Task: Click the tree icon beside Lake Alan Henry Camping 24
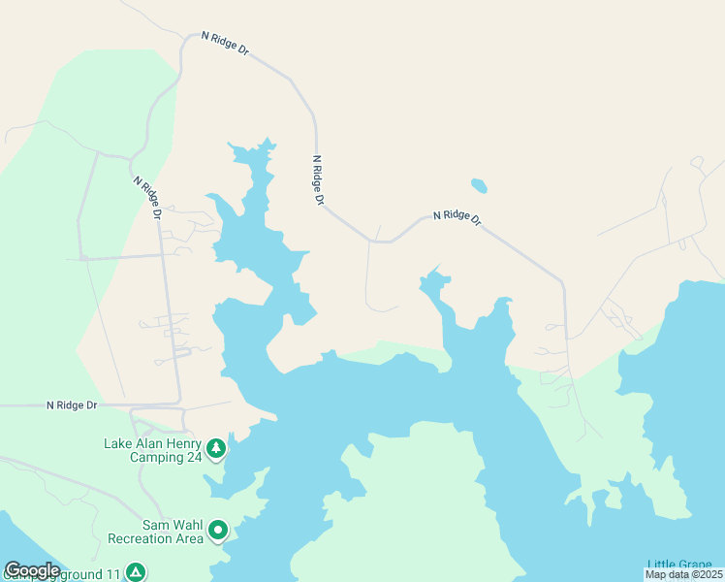(x=216, y=448)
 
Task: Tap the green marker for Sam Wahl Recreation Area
(x=218, y=530)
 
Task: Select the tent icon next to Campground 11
(x=137, y=572)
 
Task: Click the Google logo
(x=32, y=570)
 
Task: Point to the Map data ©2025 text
(x=684, y=574)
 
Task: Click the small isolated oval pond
(x=479, y=185)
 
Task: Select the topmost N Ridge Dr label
(x=225, y=45)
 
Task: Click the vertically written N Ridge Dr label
(x=317, y=180)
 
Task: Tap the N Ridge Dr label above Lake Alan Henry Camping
(x=73, y=404)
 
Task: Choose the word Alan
(x=146, y=444)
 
